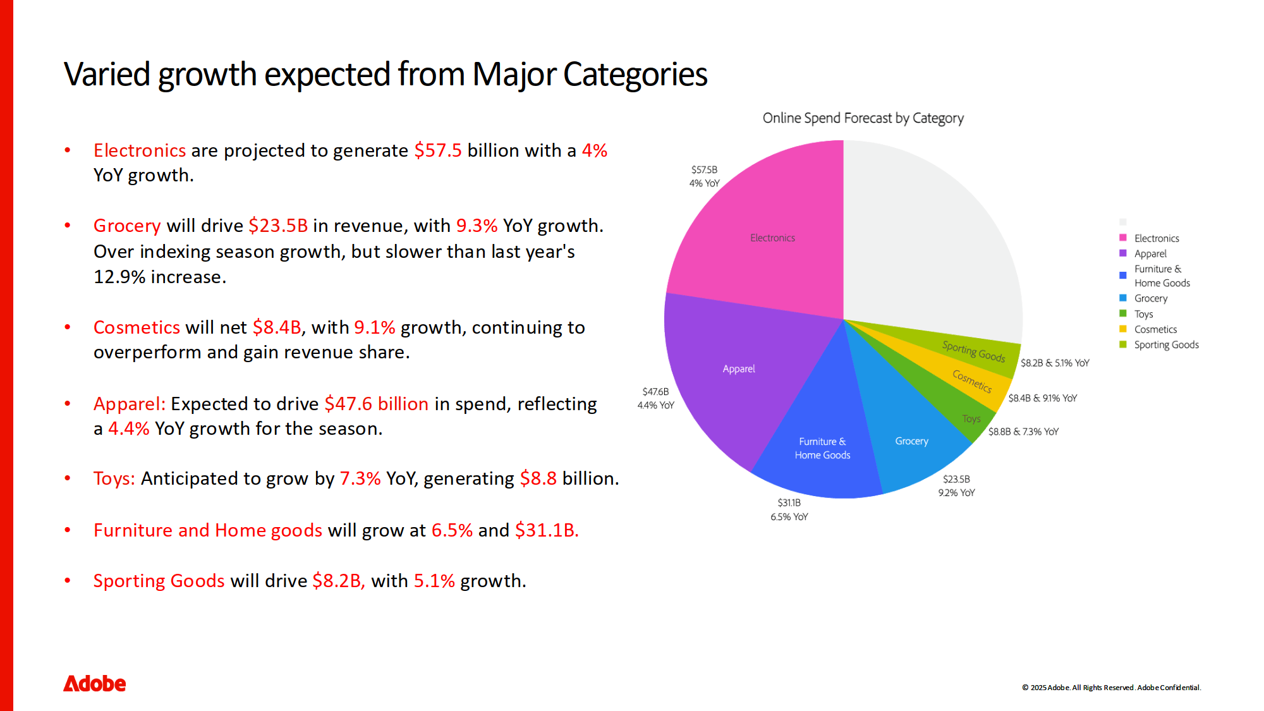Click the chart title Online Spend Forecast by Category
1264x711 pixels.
tap(863, 118)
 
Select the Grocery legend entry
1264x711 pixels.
tap(1150, 298)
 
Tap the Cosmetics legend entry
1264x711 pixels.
tap(1155, 329)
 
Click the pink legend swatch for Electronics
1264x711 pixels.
tap(1123, 238)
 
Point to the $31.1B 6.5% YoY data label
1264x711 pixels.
tap(789, 509)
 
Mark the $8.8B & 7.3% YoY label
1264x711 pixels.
tap(1023, 432)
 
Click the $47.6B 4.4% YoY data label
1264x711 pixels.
tap(655, 398)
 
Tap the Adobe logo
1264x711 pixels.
tap(95, 683)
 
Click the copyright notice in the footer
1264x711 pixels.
tap(1111, 688)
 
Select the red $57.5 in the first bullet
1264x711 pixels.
tap(438, 150)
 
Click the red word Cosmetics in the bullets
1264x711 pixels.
tap(137, 327)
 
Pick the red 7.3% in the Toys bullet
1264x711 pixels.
tap(360, 478)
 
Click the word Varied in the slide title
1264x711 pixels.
tap(106, 75)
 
